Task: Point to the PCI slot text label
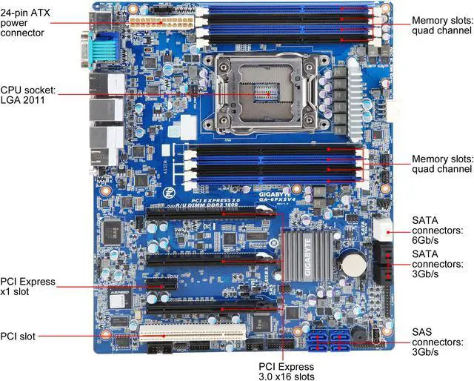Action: point(21,336)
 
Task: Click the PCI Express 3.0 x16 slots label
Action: point(286,371)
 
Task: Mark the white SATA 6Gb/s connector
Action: point(383,231)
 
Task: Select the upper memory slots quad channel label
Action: point(442,25)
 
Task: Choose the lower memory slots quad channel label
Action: point(442,164)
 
